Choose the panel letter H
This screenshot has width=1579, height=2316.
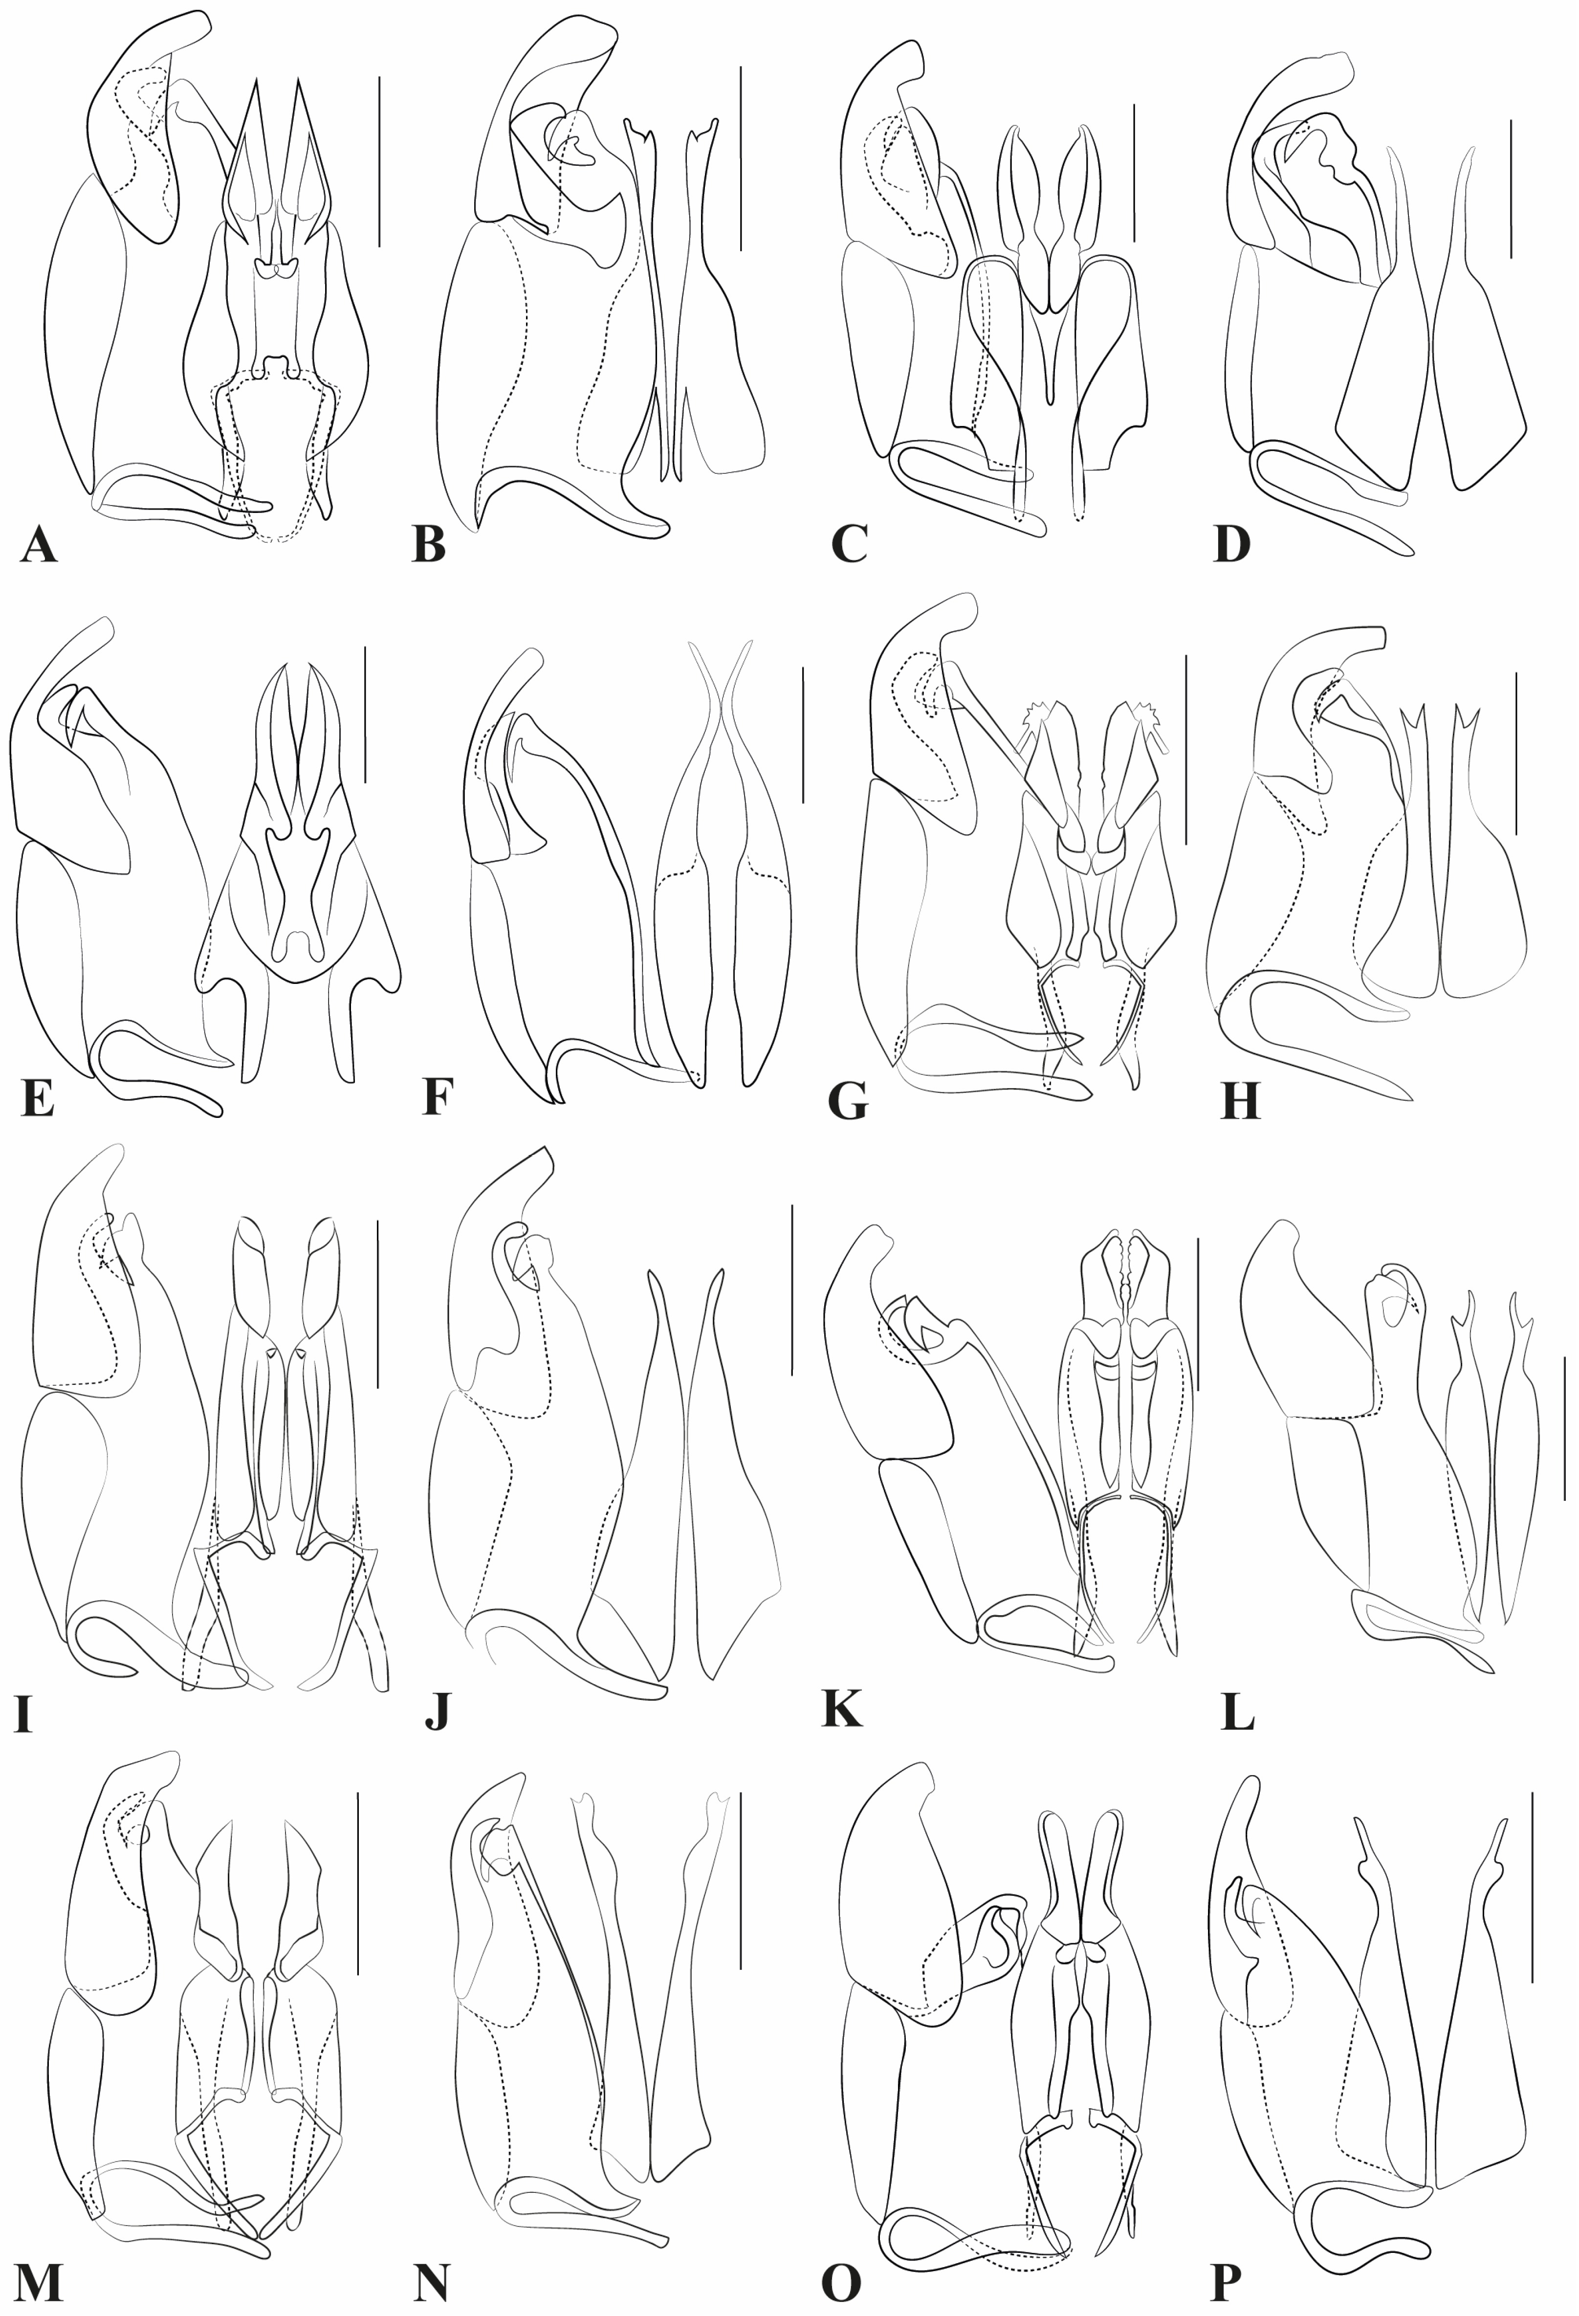[x=1240, y=1101]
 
